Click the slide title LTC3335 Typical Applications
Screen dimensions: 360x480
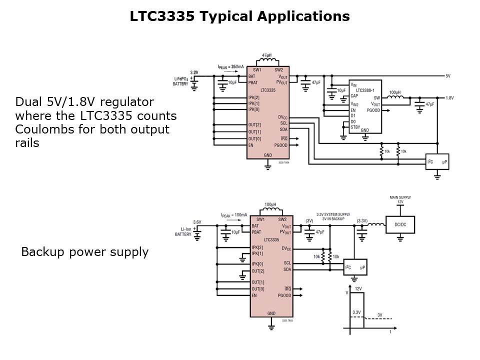239,16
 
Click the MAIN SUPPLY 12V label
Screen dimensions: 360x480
400,199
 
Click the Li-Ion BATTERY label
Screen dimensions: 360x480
183,232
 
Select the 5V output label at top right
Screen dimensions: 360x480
448,76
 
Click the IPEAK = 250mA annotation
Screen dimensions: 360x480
231,66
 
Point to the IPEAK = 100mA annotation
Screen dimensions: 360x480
234,214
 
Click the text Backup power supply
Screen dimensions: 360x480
84,252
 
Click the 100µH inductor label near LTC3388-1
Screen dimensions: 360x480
395,93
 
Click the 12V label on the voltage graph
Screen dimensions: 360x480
358,289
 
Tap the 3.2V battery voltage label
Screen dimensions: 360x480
194,73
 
